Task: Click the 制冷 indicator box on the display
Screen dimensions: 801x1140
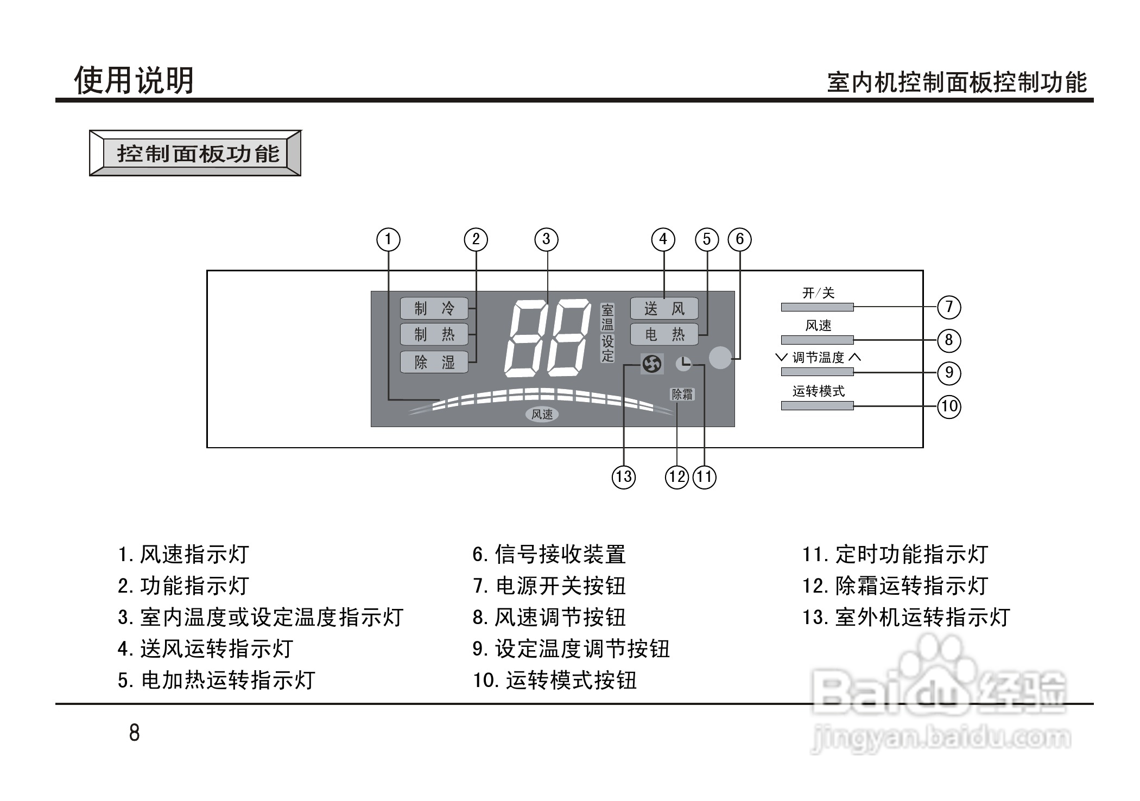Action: point(434,309)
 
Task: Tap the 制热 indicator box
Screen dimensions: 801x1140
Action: point(434,334)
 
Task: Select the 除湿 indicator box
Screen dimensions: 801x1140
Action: point(434,362)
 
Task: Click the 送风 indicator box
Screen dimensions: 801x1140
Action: point(664,309)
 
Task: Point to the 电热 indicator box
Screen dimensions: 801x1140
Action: point(664,335)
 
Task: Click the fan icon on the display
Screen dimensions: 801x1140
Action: point(651,364)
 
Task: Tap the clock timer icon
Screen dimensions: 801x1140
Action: point(684,363)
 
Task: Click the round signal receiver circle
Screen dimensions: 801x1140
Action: point(720,358)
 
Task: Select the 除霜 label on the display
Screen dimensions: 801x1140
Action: point(682,395)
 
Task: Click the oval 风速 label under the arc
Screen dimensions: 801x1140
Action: point(542,415)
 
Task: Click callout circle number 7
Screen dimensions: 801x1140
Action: point(949,307)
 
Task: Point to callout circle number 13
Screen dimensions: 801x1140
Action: point(624,477)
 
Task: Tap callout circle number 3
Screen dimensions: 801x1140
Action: point(546,239)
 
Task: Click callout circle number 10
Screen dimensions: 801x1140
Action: point(949,406)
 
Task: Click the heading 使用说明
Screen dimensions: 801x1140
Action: point(134,81)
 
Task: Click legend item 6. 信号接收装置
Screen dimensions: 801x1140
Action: point(549,555)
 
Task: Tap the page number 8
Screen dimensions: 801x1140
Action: point(134,733)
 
